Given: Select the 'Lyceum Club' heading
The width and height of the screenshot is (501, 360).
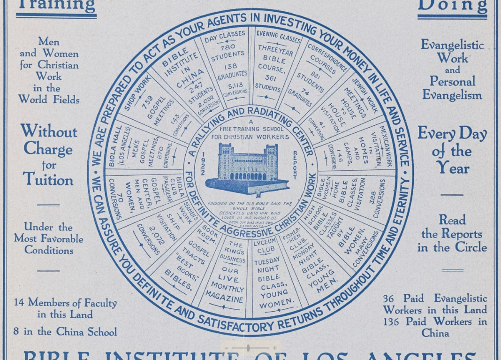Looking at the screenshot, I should coord(265,246).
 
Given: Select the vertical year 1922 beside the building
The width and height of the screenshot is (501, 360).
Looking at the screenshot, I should coord(203,164).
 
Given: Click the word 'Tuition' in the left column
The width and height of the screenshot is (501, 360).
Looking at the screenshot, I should coord(48,179).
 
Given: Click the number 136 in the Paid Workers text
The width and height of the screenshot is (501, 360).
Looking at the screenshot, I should coord(393,322).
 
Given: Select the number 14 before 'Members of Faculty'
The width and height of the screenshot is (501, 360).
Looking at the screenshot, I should coord(18,303).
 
